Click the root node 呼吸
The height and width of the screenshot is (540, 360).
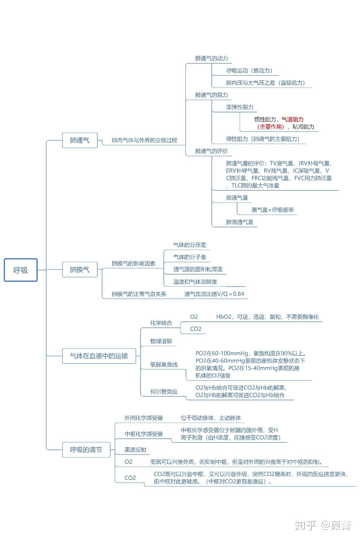click(21, 270)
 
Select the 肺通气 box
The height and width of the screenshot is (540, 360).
click(80, 140)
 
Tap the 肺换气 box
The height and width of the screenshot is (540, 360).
click(80, 269)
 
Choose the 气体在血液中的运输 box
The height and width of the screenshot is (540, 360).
click(99, 356)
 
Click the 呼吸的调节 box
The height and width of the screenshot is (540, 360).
click(86, 450)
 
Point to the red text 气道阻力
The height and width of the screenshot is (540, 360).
click(292, 119)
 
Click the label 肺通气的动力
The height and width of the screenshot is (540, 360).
click(211, 58)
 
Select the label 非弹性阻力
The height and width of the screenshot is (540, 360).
click(239, 107)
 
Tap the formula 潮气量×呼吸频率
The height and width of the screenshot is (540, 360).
click(272, 210)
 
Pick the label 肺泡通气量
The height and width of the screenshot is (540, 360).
click(239, 222)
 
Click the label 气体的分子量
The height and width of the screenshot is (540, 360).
click(190, 257)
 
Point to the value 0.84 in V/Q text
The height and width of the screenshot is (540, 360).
click(238, 294)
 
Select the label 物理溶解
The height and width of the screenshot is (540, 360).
click(161, 341)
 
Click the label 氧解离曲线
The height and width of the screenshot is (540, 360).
click(164, 365)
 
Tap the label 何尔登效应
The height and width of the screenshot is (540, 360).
click(164, 392)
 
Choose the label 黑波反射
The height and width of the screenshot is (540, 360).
click(135, 450)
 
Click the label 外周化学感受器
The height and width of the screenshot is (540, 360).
click(143, 418)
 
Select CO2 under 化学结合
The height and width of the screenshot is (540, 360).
click(195, 329)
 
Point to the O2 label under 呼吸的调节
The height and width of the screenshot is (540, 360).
click(128, 462)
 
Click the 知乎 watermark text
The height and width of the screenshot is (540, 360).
click(305, 525)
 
